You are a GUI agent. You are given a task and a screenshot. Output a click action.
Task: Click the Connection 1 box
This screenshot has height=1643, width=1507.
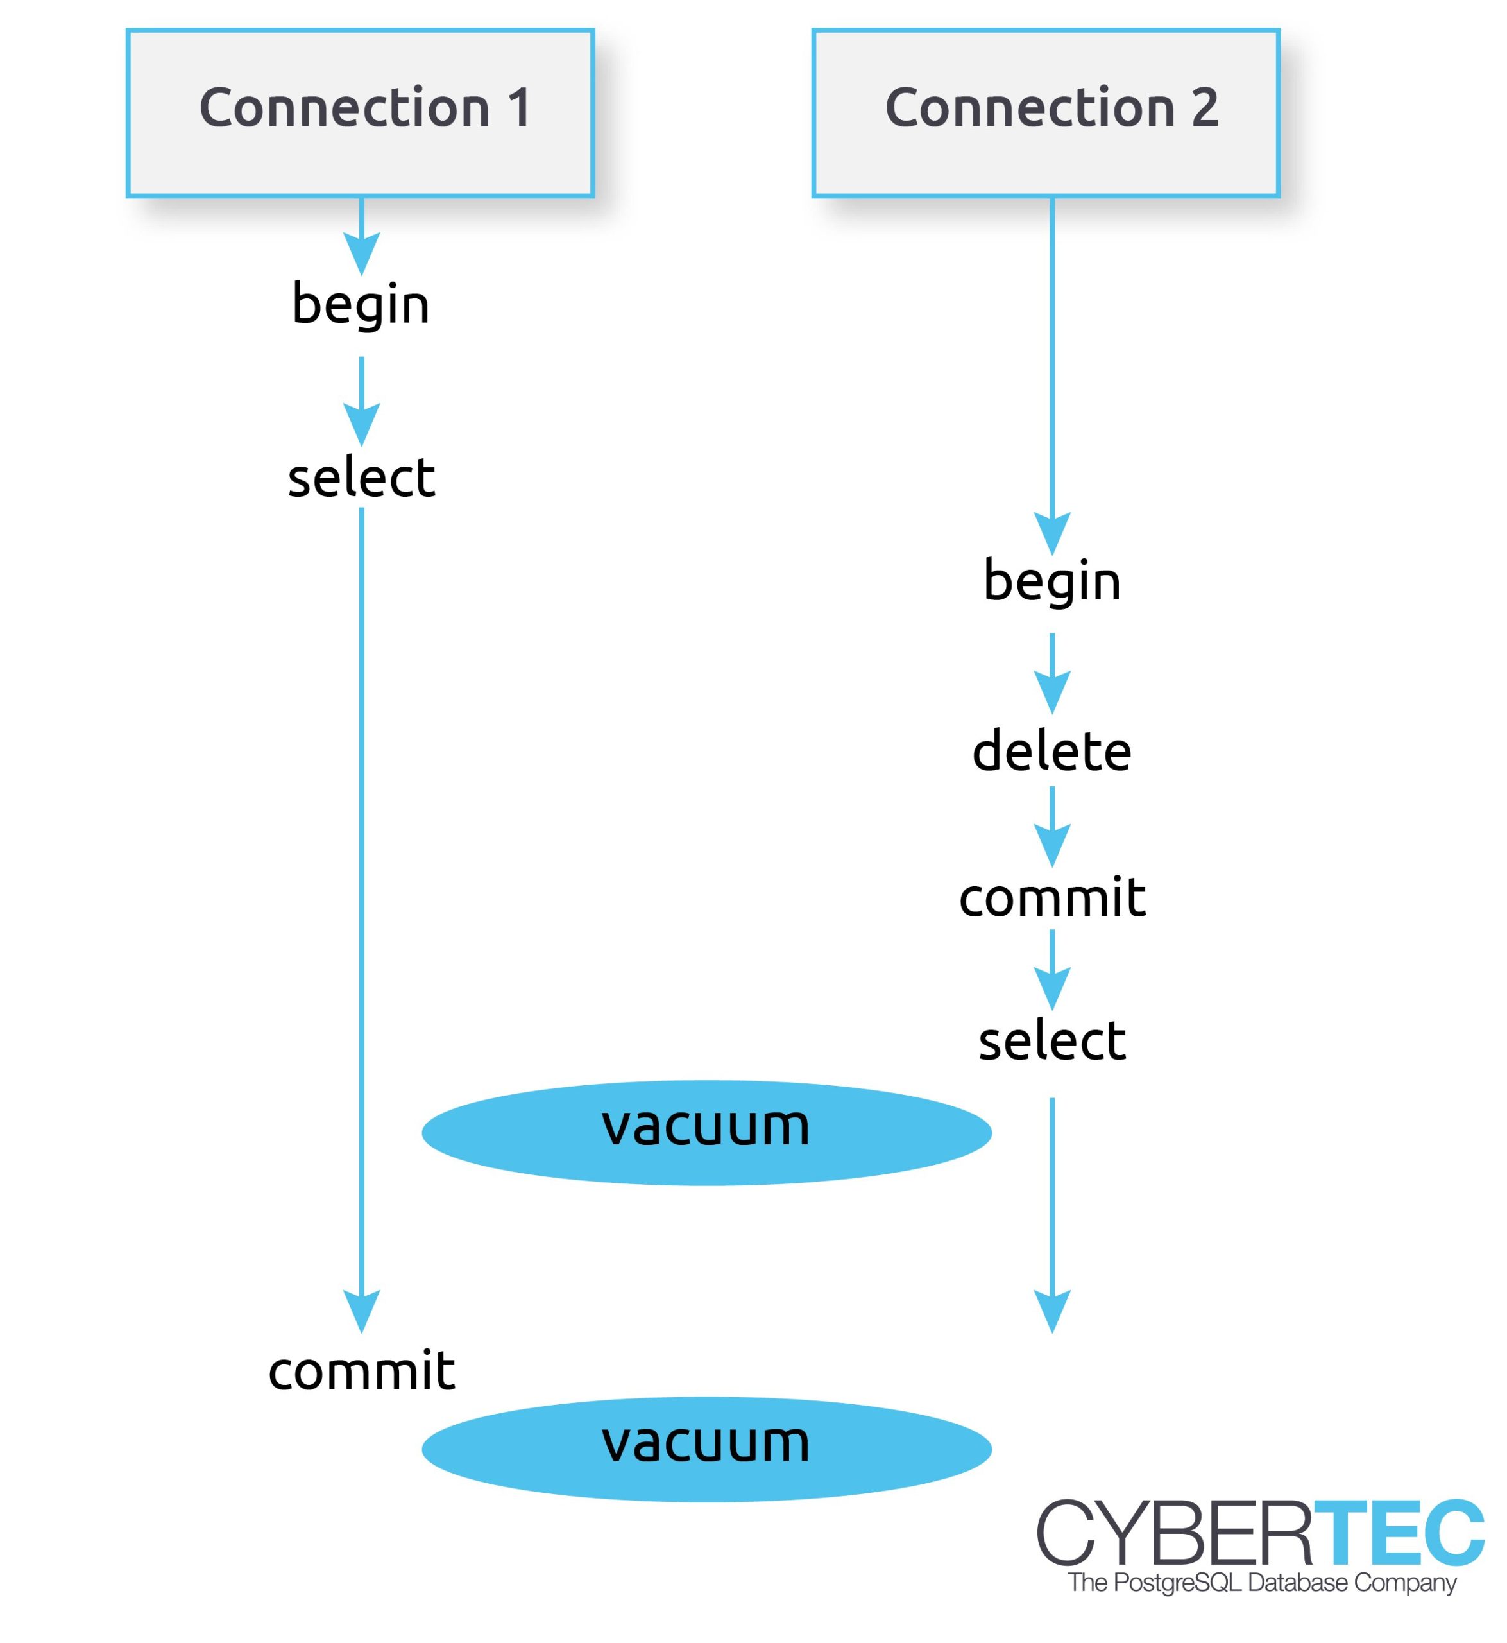[x=360, y=112]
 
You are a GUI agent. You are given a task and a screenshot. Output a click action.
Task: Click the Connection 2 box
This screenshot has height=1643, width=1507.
[x=1046, y=112]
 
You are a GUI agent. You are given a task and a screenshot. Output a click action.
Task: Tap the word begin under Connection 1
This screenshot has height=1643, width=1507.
[x=361, y=304]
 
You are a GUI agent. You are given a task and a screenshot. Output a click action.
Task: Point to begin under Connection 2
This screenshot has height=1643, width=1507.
[x=1052, y=581]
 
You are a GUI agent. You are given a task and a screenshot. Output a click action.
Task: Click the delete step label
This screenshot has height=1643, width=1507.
[x=1052, y=750]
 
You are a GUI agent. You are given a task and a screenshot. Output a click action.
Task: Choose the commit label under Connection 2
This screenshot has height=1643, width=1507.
[x=1052, y=897]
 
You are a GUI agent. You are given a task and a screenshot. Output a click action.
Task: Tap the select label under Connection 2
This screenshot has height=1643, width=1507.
[x=1052, y=1041]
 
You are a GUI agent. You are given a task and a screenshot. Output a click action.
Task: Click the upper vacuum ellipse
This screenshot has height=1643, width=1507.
[x=706, y=1132]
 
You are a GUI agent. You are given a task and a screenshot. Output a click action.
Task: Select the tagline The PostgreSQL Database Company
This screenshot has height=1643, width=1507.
[x=1261, y=1583]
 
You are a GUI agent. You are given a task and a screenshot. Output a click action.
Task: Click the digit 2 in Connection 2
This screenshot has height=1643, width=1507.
[x=1204, y=108]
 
